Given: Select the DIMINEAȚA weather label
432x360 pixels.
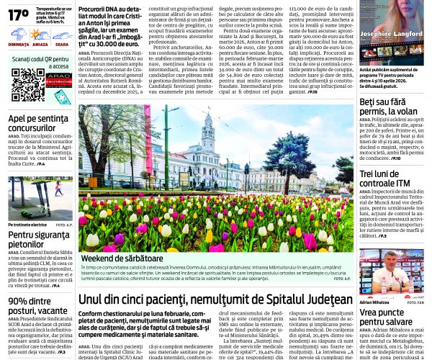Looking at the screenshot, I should [19, 45].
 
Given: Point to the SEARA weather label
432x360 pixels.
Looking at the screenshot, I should [62, 45].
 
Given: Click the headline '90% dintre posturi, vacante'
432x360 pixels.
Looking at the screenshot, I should [36, 306].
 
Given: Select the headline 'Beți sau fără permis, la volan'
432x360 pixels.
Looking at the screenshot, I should [388, 106].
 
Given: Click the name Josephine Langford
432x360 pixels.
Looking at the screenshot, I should [392, 53].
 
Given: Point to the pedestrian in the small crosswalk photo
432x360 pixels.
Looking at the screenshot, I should [58, 188].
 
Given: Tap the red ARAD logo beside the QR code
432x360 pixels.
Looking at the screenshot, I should [58, 79].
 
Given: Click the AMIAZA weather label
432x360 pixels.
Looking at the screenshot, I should [40, 45].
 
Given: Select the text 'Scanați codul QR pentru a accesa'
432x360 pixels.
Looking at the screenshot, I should [40, 63].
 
